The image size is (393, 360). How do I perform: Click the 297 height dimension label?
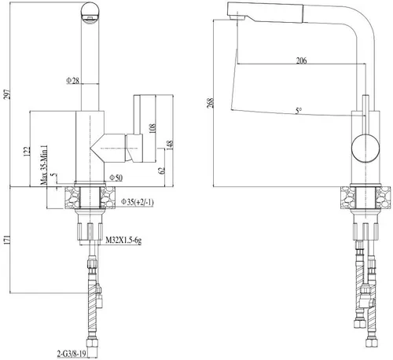tap(8, 94)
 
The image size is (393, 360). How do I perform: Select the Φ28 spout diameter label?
tap(72, 80)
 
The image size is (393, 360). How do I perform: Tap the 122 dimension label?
tap(28, 152)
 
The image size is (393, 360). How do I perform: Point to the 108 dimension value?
tap(152, 128)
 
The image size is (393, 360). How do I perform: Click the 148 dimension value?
tap(170, 145)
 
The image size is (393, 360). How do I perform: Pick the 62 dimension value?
tap(162, 171)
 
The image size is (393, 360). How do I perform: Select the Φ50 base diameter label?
tap(116, 178)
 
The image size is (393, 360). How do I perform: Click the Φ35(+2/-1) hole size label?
tap(137, 202)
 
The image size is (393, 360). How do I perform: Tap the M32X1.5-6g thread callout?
tap(123, 240)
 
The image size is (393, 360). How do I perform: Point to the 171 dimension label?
tap(8, 240)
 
